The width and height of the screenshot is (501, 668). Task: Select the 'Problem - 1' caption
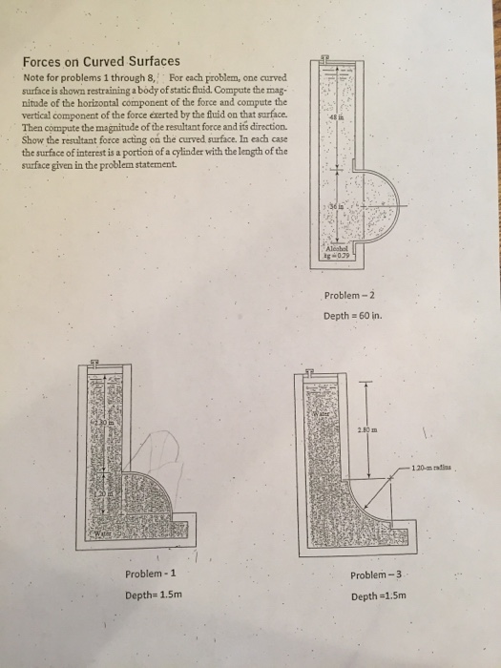click(151, 574)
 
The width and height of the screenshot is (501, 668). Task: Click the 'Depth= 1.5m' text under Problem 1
click(151, 595)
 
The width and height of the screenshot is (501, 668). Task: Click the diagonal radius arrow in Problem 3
click(382, 491)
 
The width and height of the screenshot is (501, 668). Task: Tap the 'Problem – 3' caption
click(378, 575)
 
